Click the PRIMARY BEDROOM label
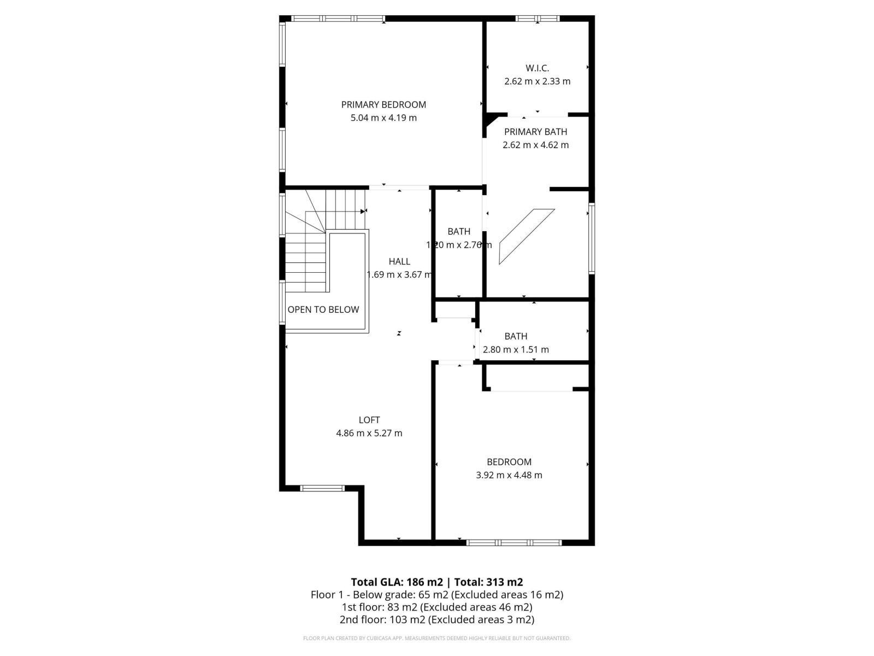point(383,104)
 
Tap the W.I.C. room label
point(537,68)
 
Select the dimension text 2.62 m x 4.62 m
point(535,145)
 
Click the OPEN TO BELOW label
point(323,309)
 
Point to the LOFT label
point(369,420)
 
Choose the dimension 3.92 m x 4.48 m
point(509,475)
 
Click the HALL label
point(399,261)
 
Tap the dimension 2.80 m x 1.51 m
point(516,349)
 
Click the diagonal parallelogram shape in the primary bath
point(527,236)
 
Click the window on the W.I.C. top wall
point(538,19)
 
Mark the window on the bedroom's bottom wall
point(514,542)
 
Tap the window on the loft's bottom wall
point(322,488)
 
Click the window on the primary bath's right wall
point(592,238)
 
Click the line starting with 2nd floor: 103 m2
point(437,619)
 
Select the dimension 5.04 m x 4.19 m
point(383,118)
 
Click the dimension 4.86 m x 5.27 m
point(369,433)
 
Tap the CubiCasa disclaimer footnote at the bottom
point(437,638)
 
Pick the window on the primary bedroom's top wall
point(338,19)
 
